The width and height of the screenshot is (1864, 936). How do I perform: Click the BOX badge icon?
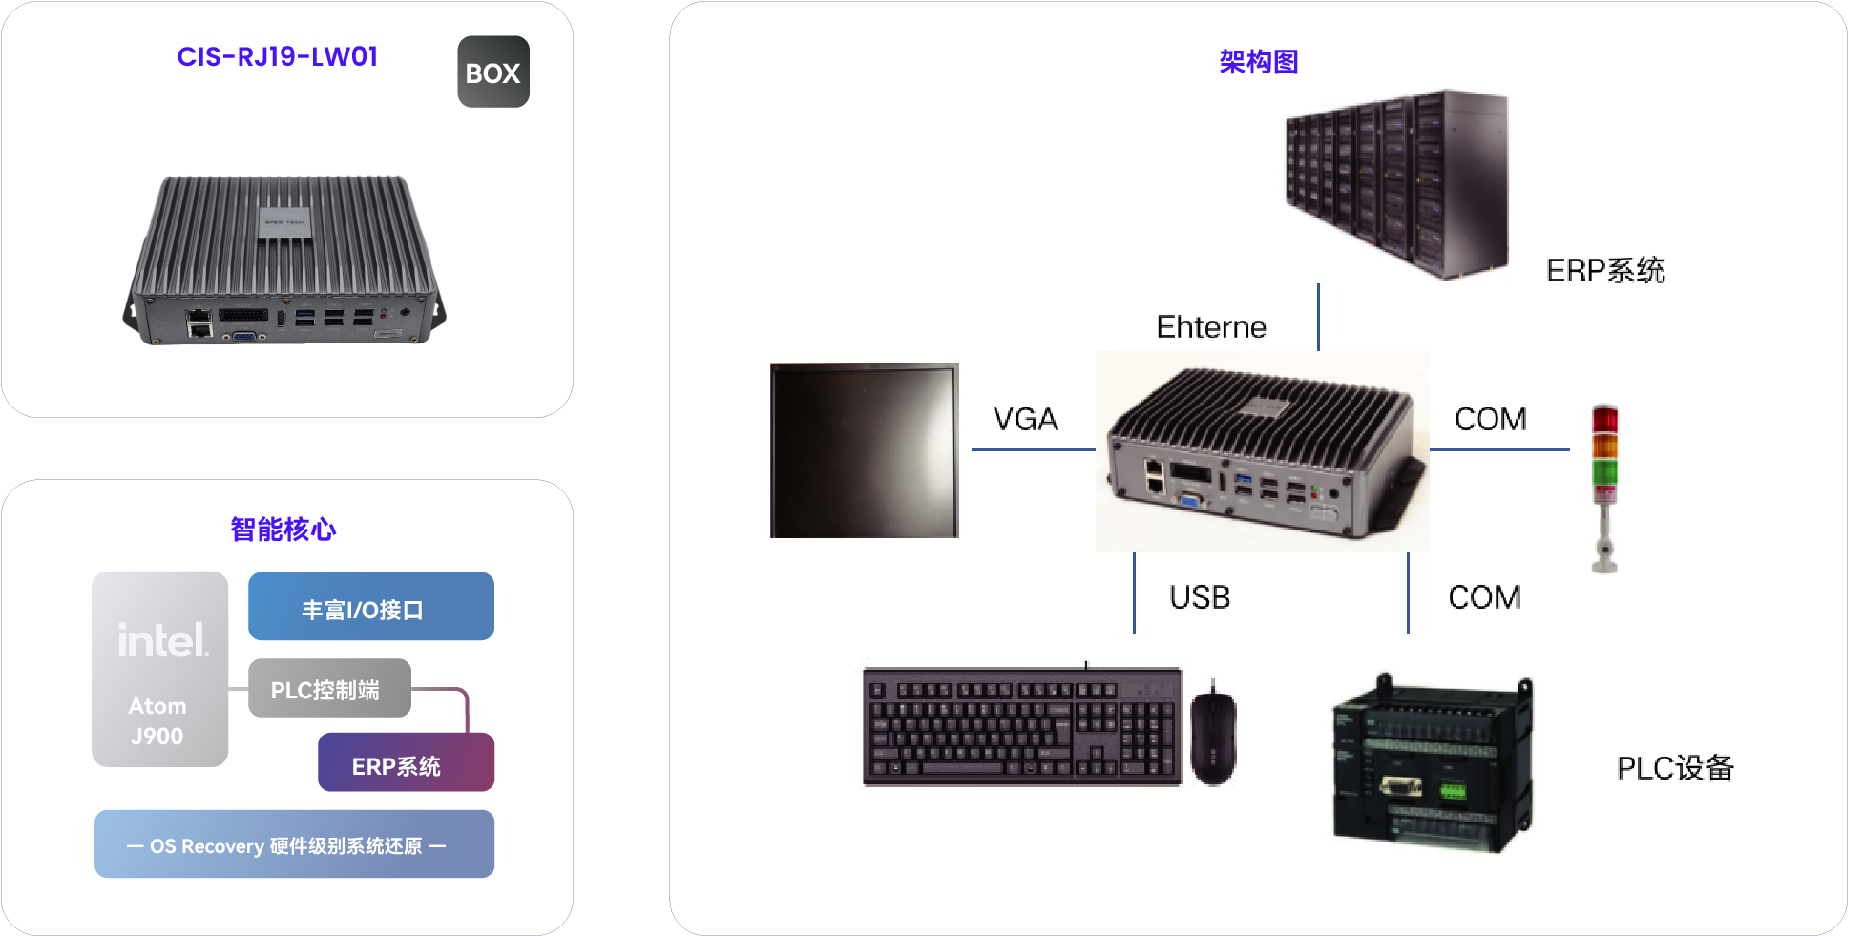(x=492, y=73)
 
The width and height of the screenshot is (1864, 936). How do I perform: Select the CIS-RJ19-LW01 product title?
(x=277, y=57)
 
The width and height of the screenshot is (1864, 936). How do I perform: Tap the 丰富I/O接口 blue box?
(x=370, y=607)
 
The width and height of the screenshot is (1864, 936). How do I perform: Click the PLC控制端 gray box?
(x=329, y=689)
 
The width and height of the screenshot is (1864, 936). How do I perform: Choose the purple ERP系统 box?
(x=405, y=763)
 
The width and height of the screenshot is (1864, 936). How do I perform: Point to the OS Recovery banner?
(x=294, y=844)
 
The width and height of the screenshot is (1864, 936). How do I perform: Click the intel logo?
(x=162, y=640)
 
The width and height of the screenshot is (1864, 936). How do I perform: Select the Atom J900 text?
(x=157, y=720)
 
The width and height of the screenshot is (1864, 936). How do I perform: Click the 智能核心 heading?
(x=283, y=530)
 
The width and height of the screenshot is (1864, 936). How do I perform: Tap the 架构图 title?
(x=1259, y=62)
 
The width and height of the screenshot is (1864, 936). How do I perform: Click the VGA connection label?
(x=1025, y=419)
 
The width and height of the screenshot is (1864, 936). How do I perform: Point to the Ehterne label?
(x=1211, y=327)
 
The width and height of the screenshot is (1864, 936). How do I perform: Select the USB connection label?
(x=1200, y=597)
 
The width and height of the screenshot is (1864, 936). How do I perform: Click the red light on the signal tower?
(x=1604, y=420)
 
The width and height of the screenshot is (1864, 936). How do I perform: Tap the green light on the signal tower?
(x=1604, y=471)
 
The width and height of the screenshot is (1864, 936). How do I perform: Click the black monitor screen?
(x=864, y=450)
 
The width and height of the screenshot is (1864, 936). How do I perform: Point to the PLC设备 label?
(x=1675, y=768)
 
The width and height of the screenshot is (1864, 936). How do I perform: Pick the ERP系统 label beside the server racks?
(x=1605, y=271)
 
